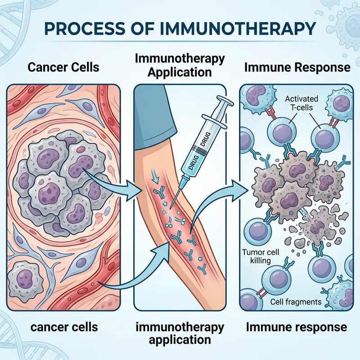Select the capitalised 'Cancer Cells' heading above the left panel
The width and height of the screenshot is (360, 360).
coord(63,68)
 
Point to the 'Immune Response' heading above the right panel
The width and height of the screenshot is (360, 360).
coord(297,67)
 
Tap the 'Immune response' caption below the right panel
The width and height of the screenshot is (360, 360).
coord(297,327)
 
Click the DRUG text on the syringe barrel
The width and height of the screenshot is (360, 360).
coord(197,148)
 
